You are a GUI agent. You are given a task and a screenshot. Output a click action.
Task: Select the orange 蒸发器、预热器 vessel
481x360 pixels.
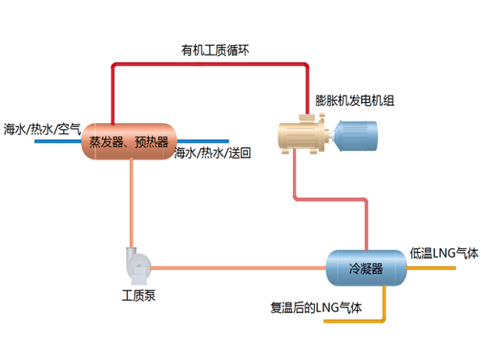[129, 142]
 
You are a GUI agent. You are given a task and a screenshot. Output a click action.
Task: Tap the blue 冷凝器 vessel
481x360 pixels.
[365, 268]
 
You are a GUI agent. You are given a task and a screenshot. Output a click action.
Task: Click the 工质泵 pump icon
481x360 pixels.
[136, 263]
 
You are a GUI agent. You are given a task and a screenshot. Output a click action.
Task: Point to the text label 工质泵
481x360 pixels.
[138, 294]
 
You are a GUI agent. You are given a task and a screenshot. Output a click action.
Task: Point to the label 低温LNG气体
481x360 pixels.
[445, 253]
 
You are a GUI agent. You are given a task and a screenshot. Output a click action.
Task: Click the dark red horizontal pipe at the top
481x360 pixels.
[211, 62]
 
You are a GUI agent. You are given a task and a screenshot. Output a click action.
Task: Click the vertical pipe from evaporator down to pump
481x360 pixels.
[130, 202]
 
